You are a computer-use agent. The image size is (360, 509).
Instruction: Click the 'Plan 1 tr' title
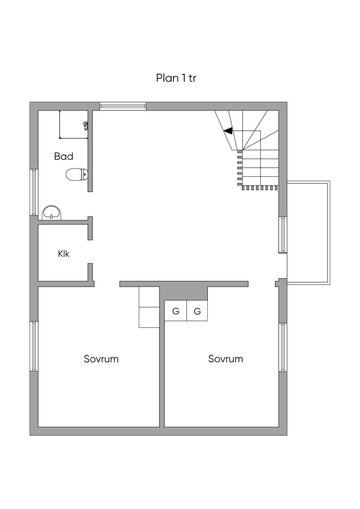(176, 78)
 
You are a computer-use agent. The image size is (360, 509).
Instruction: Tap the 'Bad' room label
(64, 156)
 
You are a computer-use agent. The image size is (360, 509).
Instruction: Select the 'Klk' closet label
(64, 253)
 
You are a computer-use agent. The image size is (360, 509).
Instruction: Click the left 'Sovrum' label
(101, 359)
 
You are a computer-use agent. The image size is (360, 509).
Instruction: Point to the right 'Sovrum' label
(226, 359)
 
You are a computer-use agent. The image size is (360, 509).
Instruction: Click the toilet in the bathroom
(77, 174)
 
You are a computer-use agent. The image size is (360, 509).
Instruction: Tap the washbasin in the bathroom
(52, 213)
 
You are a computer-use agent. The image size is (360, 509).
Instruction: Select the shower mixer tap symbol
(86, 125)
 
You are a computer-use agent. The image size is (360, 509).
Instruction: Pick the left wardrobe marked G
(175, 310)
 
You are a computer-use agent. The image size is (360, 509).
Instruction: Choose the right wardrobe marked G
(197, 310)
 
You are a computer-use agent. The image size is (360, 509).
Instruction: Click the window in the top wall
(123, 106)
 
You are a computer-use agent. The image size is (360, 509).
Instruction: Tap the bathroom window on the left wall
(34, 192)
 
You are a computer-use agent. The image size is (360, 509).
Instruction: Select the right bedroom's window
(283, 347)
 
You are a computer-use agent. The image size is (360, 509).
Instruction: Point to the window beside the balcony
(283, 235)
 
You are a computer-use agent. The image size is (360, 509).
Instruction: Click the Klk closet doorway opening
(90, 252)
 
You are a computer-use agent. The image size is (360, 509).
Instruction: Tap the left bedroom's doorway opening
(107, 284)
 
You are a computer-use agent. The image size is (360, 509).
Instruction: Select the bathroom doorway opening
(90, 204)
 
